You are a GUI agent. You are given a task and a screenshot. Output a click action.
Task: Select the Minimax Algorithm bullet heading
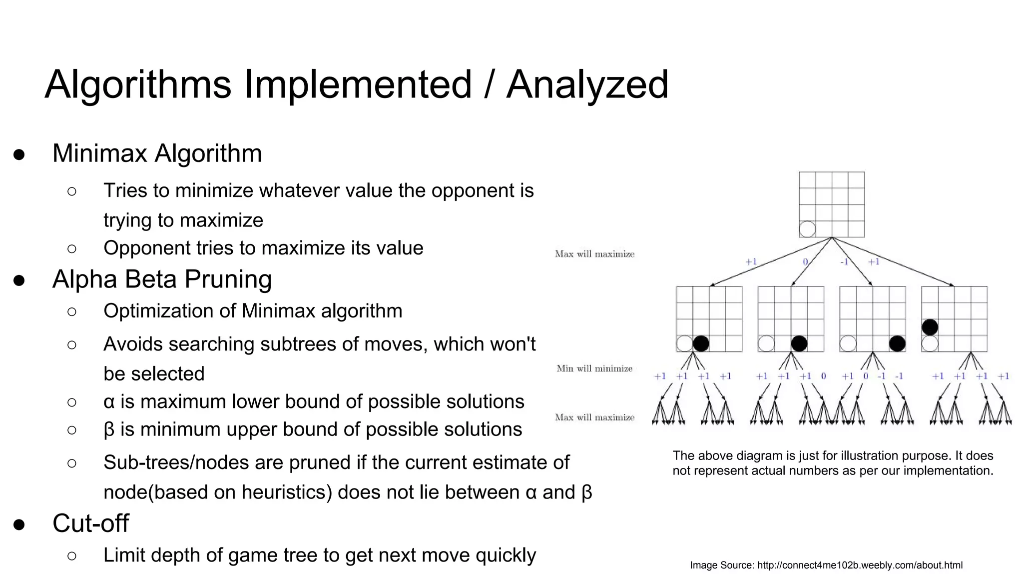157,153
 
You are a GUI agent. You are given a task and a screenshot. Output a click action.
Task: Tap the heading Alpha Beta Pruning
162,279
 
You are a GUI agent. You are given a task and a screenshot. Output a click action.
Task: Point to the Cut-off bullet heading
90,523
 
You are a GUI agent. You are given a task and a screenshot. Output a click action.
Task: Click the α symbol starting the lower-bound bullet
109,402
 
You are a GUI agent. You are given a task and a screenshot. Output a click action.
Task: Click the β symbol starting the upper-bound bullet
109,429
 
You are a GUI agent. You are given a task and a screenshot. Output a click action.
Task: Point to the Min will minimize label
594,368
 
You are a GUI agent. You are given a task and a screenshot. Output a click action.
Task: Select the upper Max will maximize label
594,254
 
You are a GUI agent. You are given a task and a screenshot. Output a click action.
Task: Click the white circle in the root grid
807,229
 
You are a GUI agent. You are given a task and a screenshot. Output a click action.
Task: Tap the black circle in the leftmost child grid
701,343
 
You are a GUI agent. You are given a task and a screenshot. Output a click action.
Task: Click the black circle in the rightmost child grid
930,327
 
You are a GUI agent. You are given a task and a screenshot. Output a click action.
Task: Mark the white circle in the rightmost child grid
930,343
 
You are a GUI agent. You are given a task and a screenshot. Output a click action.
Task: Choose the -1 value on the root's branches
844,262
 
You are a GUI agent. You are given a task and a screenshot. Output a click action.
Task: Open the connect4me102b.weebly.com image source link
860,565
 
